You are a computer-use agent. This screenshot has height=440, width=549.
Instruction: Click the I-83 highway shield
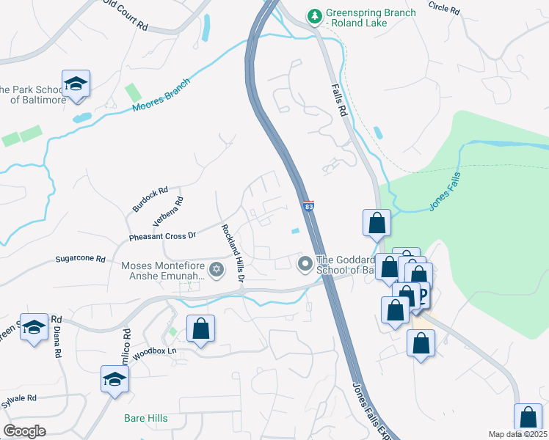tap(309, 207)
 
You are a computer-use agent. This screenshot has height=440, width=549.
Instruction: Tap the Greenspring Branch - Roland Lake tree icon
tap(315, 16)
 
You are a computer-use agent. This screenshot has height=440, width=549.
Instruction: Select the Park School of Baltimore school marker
tap(76, 85)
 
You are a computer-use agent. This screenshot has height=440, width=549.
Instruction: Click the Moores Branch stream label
tap(161, 95)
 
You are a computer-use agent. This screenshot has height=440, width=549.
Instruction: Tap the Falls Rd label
tap(338, 100)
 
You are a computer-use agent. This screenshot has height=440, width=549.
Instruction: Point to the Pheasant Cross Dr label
tap(153, 235)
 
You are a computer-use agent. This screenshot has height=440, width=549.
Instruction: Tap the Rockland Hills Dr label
tap(233, 254)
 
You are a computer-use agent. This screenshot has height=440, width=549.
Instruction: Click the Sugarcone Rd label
tap(81, 259)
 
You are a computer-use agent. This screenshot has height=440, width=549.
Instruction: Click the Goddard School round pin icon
tap(305, 263)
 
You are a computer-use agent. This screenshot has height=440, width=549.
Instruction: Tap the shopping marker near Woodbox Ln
tap(200, 329)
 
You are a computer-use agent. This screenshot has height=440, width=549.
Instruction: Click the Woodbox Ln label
tap(156, 351)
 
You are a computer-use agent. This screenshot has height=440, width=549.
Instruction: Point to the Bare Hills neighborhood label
tap(145, 418)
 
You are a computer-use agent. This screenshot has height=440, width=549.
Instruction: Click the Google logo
tap(25, 430)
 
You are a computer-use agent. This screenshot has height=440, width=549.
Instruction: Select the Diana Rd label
tap(57, 342)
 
